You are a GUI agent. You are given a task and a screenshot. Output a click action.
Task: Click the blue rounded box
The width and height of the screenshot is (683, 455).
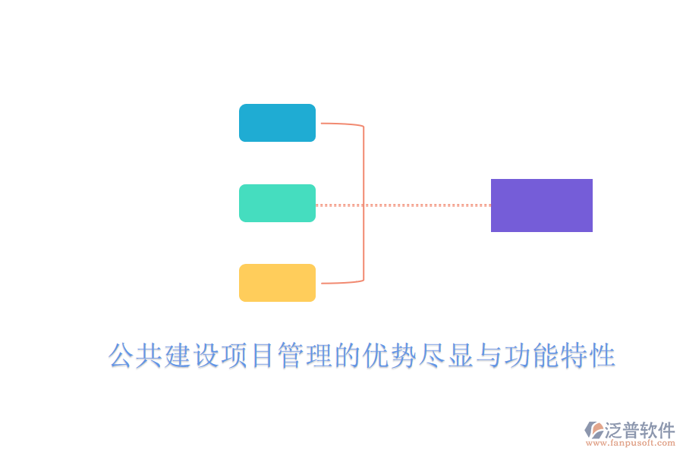277,123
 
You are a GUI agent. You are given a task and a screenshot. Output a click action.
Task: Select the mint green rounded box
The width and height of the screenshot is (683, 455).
277,203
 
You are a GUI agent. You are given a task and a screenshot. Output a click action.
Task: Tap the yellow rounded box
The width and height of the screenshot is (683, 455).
277,283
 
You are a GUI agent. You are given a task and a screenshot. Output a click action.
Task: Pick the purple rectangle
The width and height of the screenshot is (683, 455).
541,206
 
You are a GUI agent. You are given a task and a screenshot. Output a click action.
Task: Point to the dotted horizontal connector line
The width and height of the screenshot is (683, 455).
425,205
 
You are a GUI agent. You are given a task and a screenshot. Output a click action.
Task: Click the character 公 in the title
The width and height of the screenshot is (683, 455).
121,356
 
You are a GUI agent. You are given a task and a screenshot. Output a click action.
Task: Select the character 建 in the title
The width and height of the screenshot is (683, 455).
178,356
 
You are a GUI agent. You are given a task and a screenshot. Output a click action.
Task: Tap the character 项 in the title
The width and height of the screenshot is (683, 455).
234,356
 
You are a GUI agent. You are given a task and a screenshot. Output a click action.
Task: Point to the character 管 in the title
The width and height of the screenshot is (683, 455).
291,356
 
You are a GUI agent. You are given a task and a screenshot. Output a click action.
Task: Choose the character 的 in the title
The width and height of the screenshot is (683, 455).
347,356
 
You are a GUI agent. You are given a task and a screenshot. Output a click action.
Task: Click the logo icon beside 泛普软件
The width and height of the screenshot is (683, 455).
593,430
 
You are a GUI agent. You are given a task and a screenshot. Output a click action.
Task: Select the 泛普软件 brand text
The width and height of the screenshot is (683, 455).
640,430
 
